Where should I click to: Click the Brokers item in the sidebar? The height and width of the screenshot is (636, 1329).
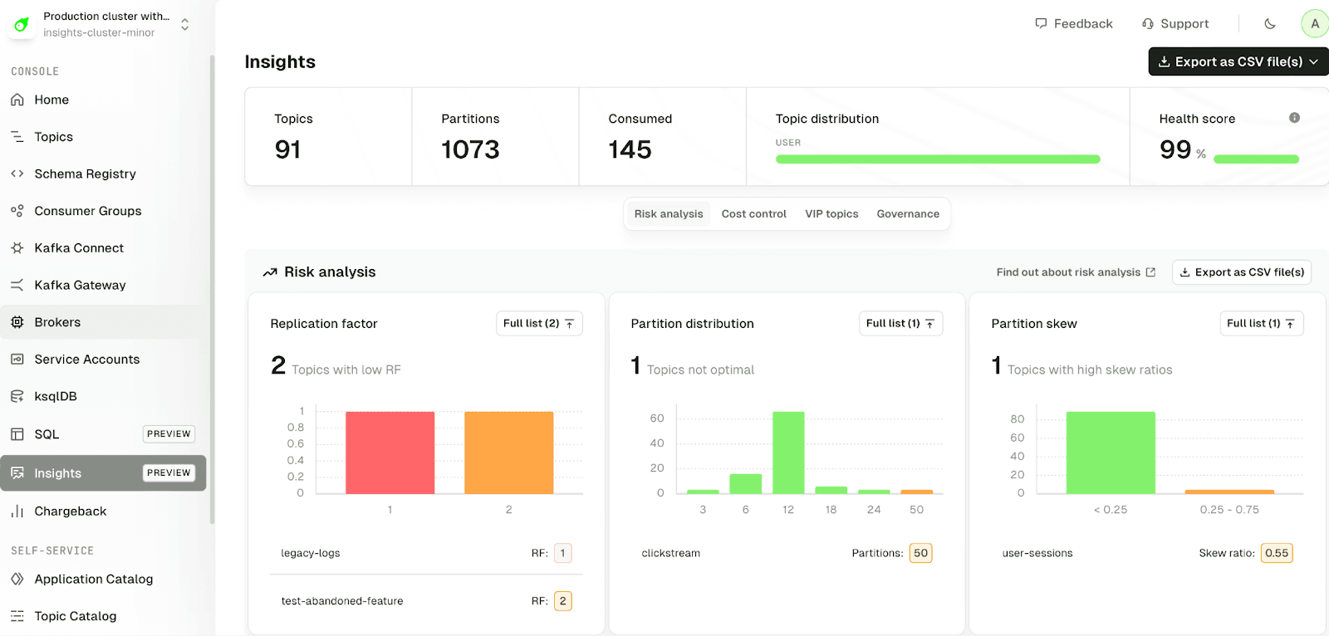57,322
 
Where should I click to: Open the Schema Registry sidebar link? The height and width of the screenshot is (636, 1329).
85,174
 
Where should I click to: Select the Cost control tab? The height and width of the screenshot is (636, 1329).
753,213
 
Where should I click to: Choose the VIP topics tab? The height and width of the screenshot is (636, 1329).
831,213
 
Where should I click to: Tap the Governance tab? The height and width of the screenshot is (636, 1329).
908,213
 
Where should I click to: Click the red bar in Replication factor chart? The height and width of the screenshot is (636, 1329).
390,453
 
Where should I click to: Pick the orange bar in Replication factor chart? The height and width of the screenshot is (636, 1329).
508,453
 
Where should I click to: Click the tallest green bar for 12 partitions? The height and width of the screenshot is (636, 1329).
788,453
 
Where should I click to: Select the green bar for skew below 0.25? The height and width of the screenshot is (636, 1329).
1111,453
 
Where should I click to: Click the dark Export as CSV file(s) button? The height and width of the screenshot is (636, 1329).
1238,61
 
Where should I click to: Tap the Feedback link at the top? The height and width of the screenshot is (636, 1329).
1074,23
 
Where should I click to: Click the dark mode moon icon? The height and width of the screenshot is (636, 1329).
1270,23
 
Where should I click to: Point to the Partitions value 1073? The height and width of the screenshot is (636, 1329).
470,149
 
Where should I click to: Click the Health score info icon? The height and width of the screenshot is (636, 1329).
1294,118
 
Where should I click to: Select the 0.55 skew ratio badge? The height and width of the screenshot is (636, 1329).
1277,553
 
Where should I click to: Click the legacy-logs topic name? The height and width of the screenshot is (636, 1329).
311,553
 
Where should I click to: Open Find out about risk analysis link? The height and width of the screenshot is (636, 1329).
1076,272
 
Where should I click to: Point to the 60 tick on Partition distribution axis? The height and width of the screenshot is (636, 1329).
657,418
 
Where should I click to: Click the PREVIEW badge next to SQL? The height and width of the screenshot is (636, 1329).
169,433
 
